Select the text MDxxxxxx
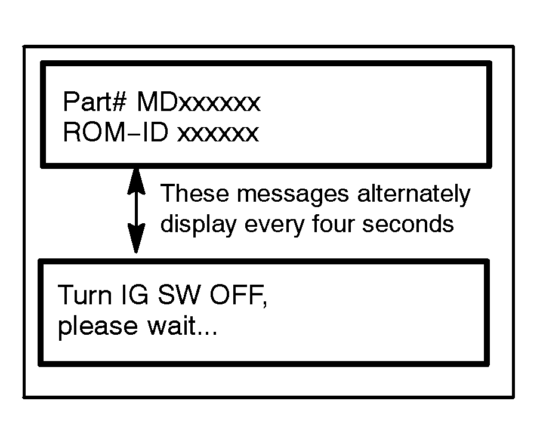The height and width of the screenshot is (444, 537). pos(199,103)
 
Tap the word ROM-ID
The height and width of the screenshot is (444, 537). pos(116,132)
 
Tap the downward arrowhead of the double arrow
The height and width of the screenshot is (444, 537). pos(137,241)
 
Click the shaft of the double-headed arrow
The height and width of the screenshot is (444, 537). pos(137,210)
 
